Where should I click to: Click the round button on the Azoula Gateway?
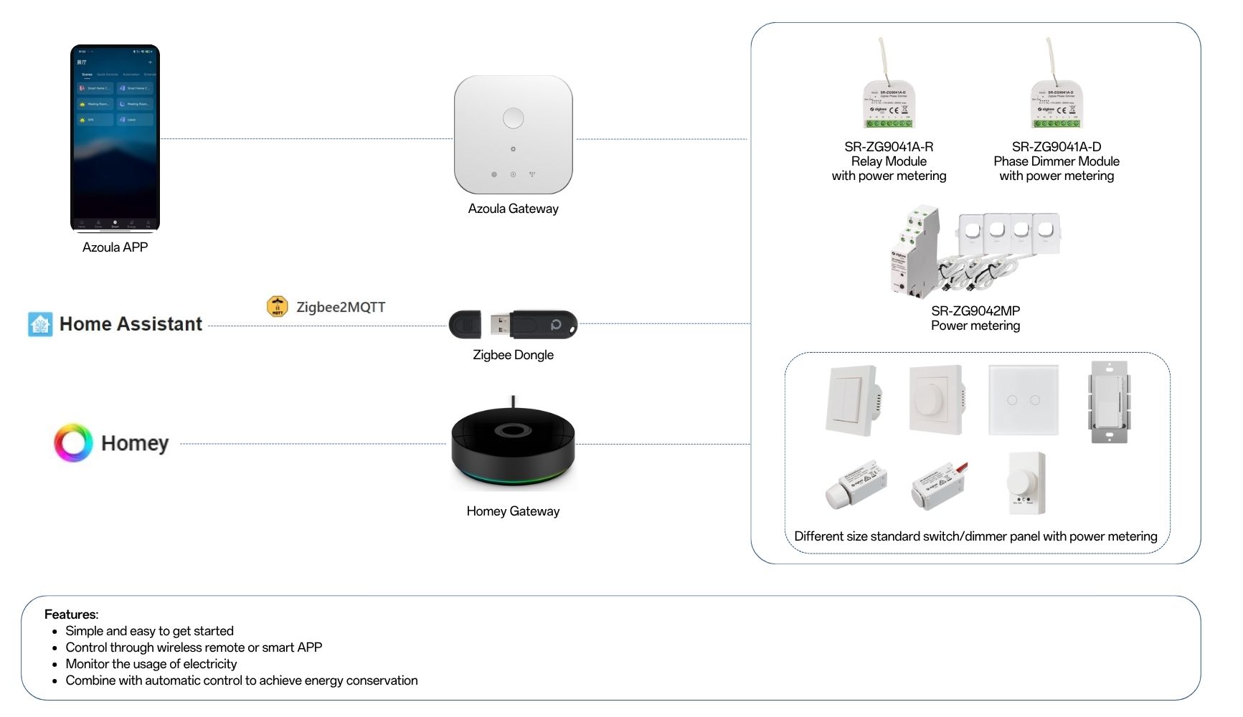coord(513,118)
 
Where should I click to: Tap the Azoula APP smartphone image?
coord(115,138)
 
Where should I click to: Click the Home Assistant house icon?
coord(40,324)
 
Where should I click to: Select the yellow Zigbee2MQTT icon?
coord(278,307)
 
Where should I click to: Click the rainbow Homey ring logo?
coord(73,442)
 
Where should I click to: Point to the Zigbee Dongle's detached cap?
coord(465,325)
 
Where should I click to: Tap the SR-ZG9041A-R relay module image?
coord(889,100)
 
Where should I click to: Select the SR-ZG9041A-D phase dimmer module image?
coord(1057,100)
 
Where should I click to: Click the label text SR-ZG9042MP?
coord(975,310)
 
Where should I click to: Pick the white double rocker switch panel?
coord(853,400)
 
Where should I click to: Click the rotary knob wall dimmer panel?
coord(936,399)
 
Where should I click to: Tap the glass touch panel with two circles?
coord(1023,400)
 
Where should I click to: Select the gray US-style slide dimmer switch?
coord(1110,402)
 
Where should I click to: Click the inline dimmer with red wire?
coord(938,486)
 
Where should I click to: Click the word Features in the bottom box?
coord(70,614)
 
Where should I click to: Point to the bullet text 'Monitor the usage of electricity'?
coord(151,664)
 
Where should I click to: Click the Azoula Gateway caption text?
coord(513,209)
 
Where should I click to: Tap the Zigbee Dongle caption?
coord(513,355)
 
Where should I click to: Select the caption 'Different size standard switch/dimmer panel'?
coord(975,536)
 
